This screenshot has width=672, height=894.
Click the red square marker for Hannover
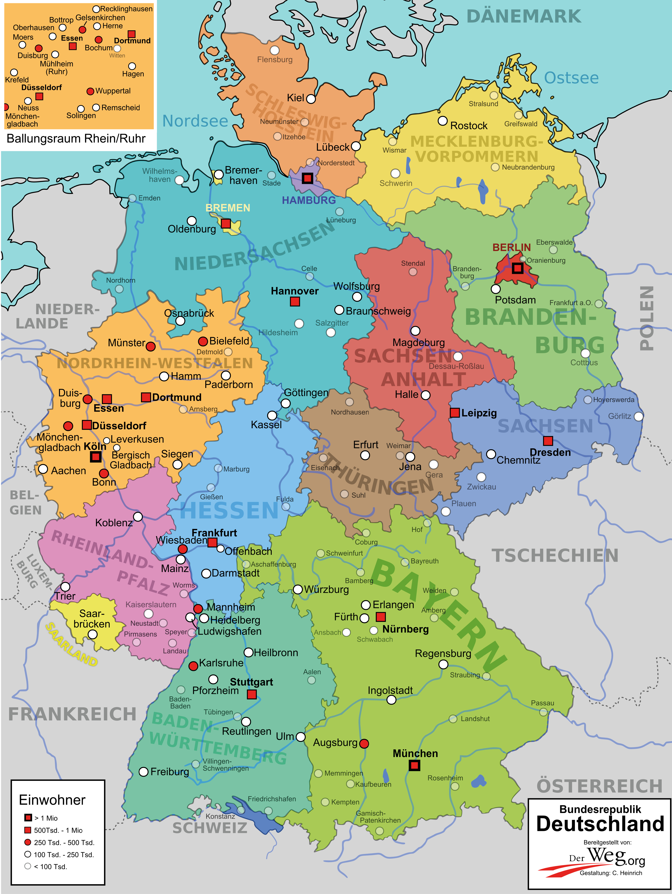coord(295,301)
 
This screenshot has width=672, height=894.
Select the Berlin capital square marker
coord(517,268)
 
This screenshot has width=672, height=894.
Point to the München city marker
coord(414,765)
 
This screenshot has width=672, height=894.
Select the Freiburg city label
coord(170,772)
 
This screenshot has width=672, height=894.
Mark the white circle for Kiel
coord(311,99)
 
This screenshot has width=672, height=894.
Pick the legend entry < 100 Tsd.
coord(50,866)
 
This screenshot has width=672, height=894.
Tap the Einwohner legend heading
coord(52,800)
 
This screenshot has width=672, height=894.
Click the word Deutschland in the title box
coord(600,824)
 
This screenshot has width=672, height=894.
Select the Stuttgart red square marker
coord(252,694)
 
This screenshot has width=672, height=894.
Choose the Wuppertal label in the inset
coord(113,91)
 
